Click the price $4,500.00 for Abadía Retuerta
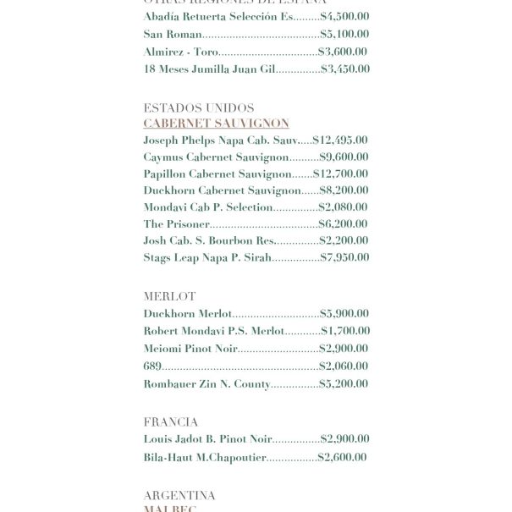click(x=344, y=17)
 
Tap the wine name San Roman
click(x=173, y=35)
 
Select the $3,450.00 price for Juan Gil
click(x=345, y=69)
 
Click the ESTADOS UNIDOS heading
click(x=199, y=108)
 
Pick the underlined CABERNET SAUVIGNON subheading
click(x=216, y=124)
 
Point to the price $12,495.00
click(x=340, y=140)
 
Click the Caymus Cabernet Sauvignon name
click(x=216, y=157)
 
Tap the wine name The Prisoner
click(x=176, y=224)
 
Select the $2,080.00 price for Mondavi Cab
click(x=343, y=207)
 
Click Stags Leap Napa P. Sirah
click(x=207, y=258)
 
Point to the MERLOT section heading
click(x=169, y=297)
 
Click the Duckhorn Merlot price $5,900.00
click(x=344, y=314)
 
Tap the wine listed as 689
click(x=152, y=366)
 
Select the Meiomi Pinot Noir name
click(x=190, y=349)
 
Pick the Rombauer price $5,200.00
click(x=344, y=384)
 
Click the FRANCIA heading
click(x=171, y=422)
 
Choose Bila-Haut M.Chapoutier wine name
click(x=205, y=458)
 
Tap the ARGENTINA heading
click(x=179, y=496)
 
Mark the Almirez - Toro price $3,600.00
click(x=343, y=52)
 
